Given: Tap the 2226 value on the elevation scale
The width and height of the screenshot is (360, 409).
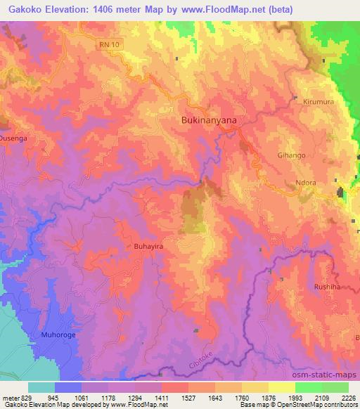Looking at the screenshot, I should tap(348, 397).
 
